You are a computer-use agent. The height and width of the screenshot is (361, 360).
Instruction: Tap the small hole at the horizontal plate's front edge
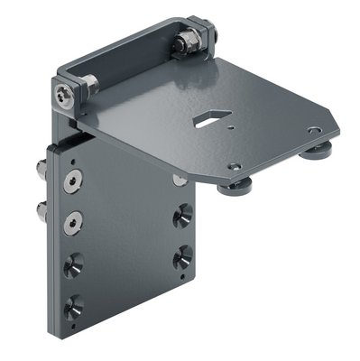pyautogui.click(x=234, y=167)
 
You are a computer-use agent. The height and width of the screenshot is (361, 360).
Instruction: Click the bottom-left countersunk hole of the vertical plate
pyautogui.click(x=72, y=303)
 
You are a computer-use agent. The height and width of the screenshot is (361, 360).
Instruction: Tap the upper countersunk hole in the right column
pyautogui.click(x=183, y=214)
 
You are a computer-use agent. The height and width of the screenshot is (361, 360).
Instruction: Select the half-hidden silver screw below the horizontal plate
pyautogui.click(x=180, y=180)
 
